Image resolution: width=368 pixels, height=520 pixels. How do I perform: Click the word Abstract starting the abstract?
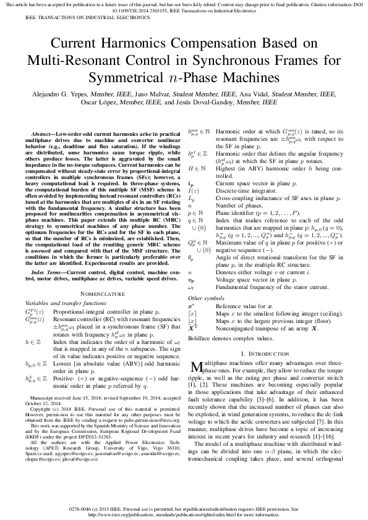[43, 134]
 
